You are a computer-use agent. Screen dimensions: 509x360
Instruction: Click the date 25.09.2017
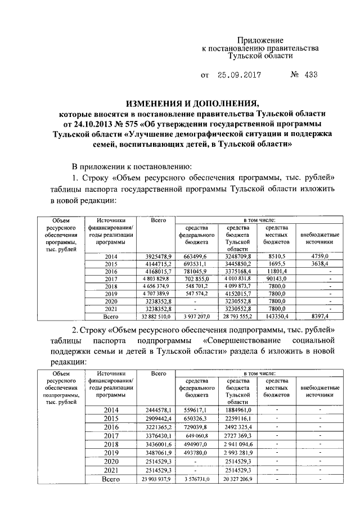pos(236,74)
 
